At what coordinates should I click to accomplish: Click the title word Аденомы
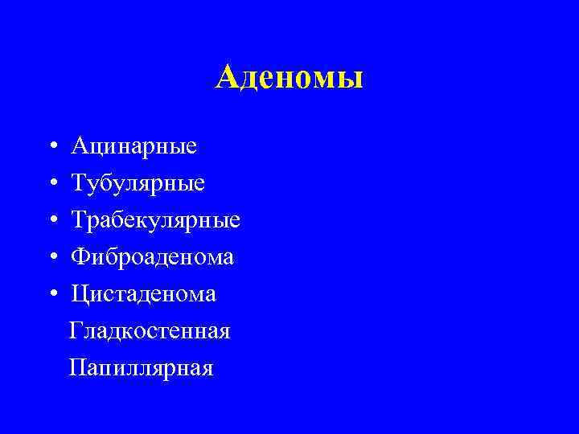point(289,77)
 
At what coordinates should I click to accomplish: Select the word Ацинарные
point(133,147)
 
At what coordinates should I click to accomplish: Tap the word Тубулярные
point(138,184)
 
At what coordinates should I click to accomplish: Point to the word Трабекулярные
point(156,221)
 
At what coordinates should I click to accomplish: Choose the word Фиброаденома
point(153,257)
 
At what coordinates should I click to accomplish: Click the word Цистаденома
point(143,294)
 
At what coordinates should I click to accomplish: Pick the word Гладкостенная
point(150,330)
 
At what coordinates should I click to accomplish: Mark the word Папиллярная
point(141,368)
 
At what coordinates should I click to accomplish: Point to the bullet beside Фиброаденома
point(51,258)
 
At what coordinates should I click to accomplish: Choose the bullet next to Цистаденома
point(51,295)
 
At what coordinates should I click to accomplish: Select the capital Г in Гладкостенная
point(76,330)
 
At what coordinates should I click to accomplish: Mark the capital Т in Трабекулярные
point(79,220)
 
